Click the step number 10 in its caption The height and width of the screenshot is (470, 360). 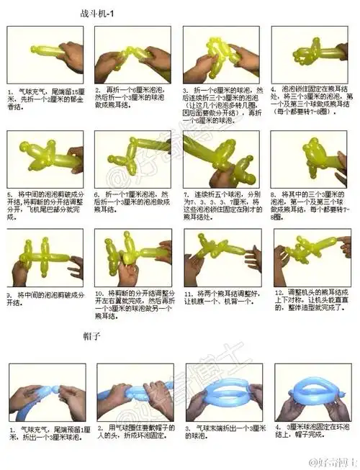coord(99,294)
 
